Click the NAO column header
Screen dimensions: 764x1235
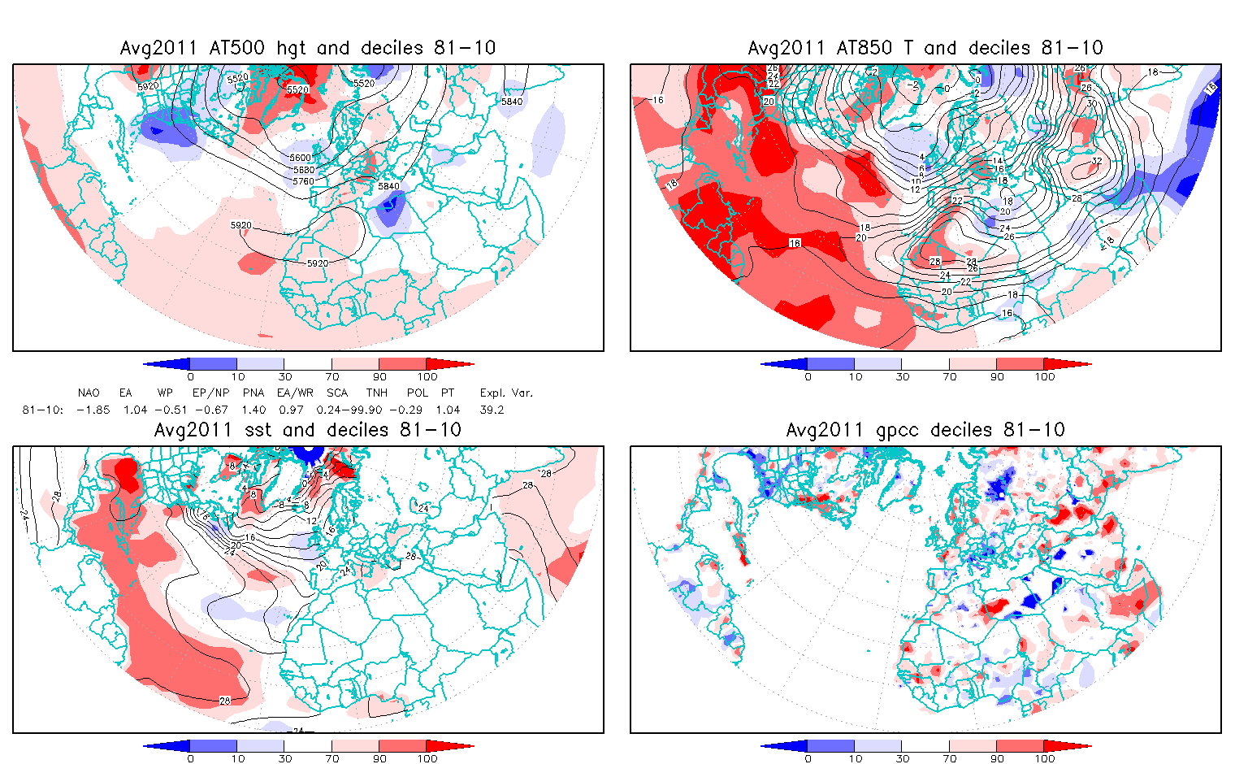tap(89, 393)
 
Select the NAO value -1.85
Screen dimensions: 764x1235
tap(93, 410)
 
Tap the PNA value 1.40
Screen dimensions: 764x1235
tap(253, 410)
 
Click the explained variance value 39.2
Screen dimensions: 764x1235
tap(492, 410)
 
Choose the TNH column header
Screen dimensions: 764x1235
tap(376, 393)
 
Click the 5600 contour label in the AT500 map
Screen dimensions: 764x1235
tap(301, 158)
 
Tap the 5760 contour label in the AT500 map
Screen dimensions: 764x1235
tap(302, 181)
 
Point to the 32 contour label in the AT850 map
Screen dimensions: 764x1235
tap(1096, 161)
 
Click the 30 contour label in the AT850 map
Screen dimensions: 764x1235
tap(1091, 103)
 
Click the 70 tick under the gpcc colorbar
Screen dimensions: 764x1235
tap(950, 758)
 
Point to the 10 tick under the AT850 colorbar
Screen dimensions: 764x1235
tap(855, 376)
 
